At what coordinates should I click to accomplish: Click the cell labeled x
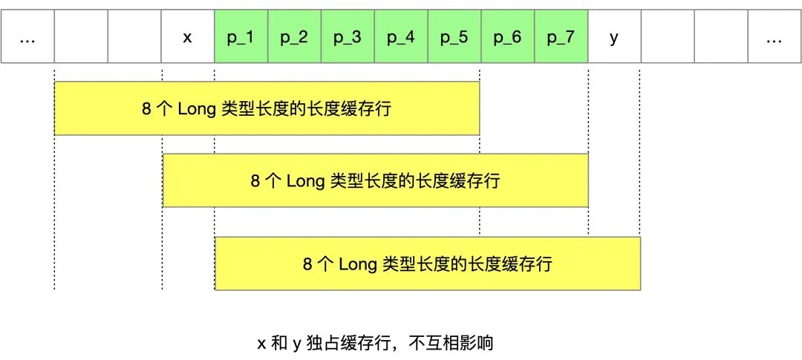coord(188,36)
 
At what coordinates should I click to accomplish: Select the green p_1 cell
coord(241,36)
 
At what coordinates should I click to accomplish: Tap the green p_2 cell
coord(295,36)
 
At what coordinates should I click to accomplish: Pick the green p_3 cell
coord(348,36)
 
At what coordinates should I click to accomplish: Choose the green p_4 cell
coord(402,36)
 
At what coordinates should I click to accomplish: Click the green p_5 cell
coord(454,36)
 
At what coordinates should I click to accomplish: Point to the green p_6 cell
coord(508,36)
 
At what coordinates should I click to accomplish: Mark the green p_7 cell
coord(561,36)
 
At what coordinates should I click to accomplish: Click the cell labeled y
coord(615,36)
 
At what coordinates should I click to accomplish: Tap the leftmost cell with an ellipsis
coord(27,36)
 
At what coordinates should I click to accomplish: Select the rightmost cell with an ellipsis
coord(775,36)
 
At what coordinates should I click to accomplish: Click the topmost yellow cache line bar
coord(267,108)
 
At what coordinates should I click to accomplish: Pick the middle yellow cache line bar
coord(376,180)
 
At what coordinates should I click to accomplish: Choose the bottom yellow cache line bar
coord(428,264)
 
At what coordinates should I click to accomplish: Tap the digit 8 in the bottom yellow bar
coord(308,264)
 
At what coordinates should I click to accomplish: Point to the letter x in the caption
coord(261,343)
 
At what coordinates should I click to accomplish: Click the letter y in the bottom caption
coord(296,344)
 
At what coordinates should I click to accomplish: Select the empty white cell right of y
coord(668,36)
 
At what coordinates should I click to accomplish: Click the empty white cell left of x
coord(134,36)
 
